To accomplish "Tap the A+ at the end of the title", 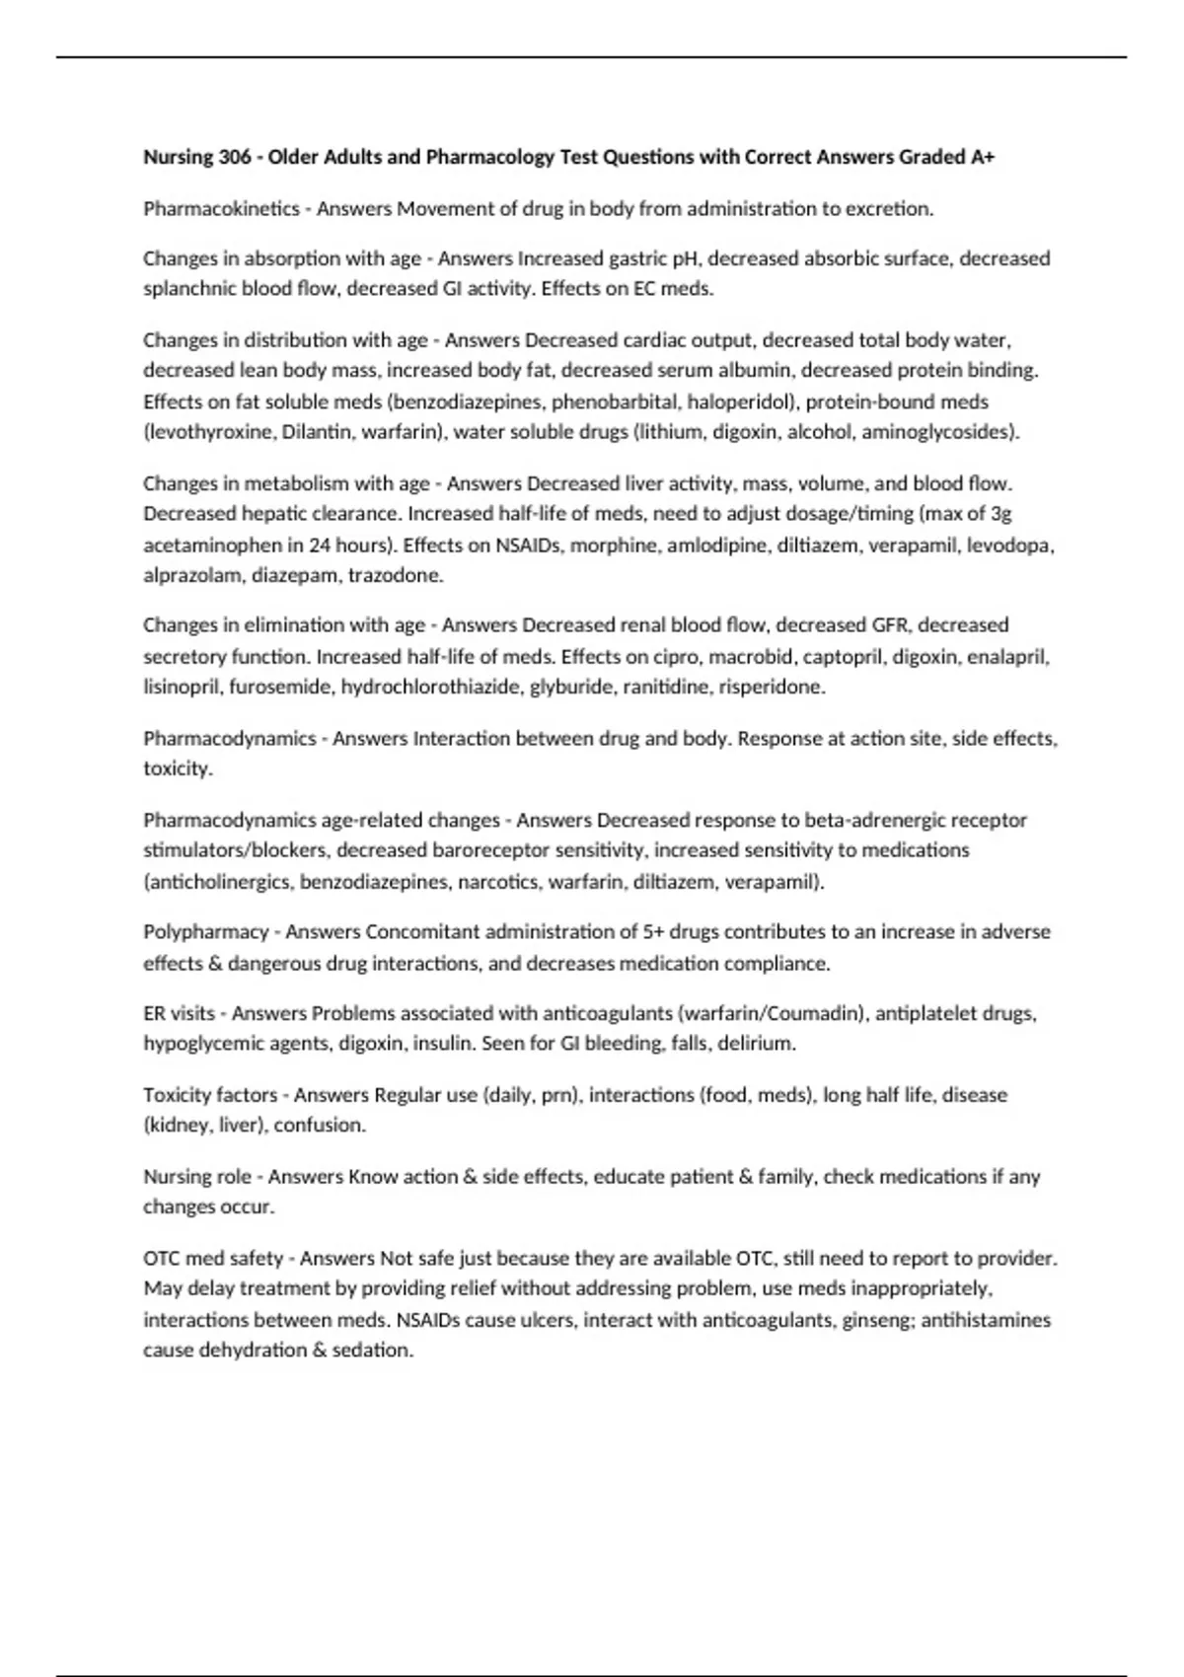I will (x=982, y=157).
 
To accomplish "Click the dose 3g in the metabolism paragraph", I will (x=999, y=514).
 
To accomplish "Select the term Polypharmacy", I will (x=205, y=932).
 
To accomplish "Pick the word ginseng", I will (x=878, y=1320).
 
